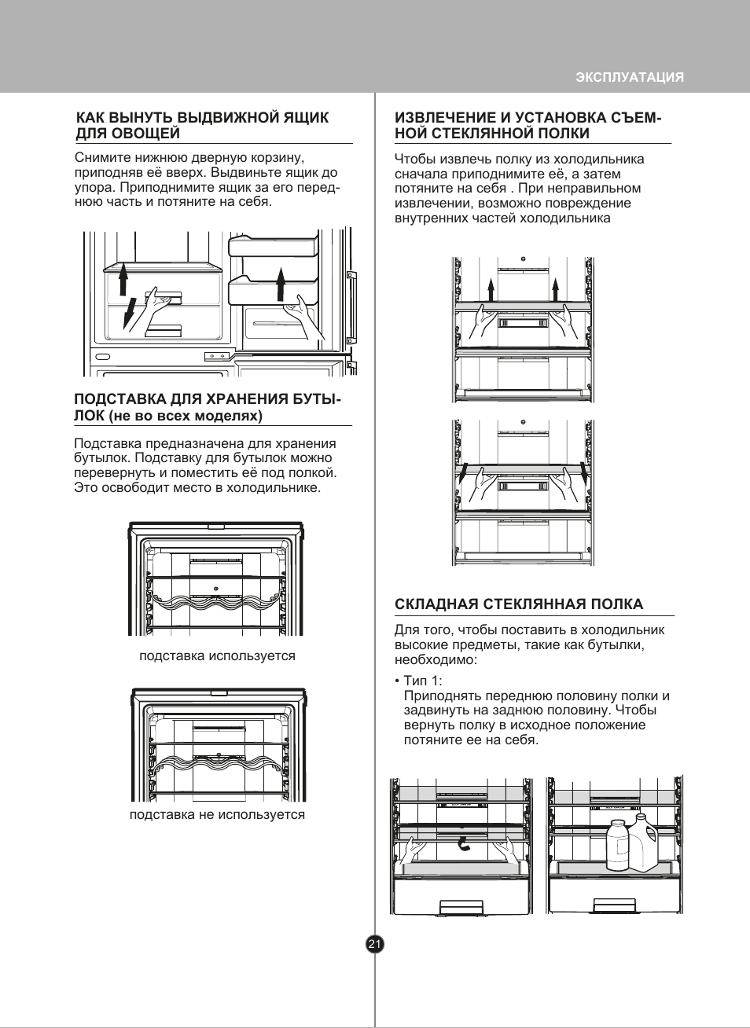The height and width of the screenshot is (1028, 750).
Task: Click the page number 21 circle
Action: pyautogui.click(x=375, y=944)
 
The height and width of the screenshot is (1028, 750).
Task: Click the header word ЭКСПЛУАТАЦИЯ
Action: pyautogui.click(x=630, y=77)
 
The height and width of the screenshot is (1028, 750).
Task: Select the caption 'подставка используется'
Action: pyautogui.click(x=217, y=655)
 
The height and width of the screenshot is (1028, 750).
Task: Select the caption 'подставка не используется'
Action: pyautogui.click(x=217, y=814)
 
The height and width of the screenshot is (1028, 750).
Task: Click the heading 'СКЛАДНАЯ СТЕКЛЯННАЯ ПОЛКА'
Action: pyautogui.click(x=519, y=604)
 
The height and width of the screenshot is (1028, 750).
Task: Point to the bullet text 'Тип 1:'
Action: pyautogui.click(x=422, y=681)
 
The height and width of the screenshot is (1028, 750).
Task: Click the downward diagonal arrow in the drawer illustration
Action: pyautogui.click(x=130, y=311)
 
